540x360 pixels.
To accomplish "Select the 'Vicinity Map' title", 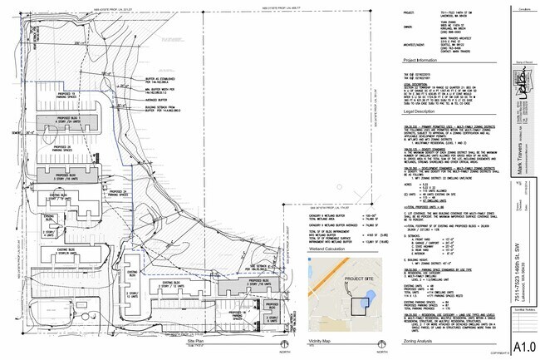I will pyautogui.click(x=321, y=342).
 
